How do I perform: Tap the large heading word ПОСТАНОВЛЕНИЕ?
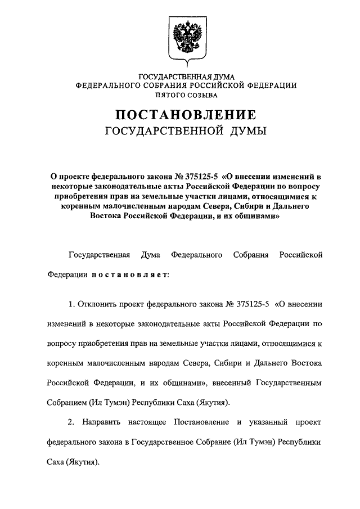(186, 115)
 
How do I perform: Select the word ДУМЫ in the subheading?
(244, 132)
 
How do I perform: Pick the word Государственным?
(289, 382)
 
